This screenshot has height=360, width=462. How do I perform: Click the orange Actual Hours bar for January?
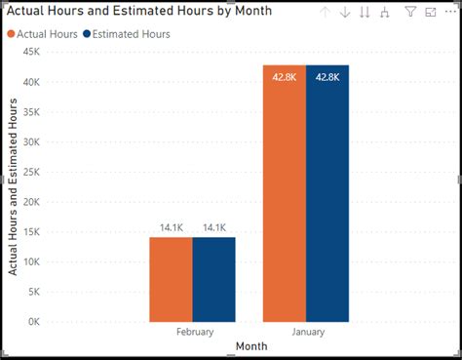tap(284, 195)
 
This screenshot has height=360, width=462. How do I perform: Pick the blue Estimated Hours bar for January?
tap(327, 195)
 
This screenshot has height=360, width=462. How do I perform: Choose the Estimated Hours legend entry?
tap(126, 34)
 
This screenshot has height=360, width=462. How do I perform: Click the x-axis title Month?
tap(250, 347)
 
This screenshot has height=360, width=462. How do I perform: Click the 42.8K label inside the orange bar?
tap(285, 76)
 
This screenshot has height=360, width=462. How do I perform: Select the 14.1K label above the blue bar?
tap(214, 227)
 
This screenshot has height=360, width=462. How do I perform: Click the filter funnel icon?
tap(409, 13)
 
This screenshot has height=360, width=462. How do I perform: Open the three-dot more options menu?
tap(451, 13)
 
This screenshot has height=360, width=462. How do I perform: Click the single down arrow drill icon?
tap(344, 13)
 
